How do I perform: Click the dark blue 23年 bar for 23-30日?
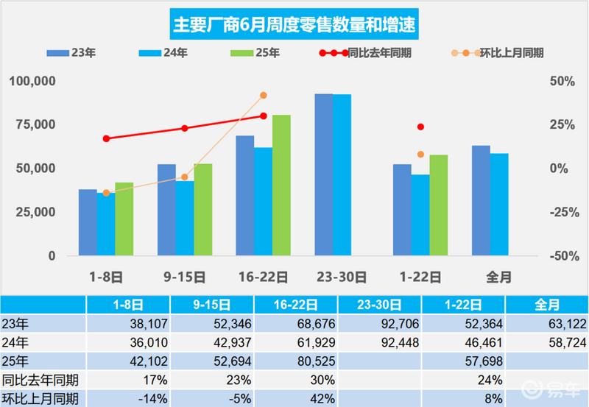pos(324,175)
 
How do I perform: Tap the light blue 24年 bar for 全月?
pos(499,205)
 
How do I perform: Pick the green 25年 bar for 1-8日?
pos(124,219)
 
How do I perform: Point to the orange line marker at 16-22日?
pos(264,96)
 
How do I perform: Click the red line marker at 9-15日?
pos(185,128)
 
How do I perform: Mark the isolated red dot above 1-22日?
pos(420,127)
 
